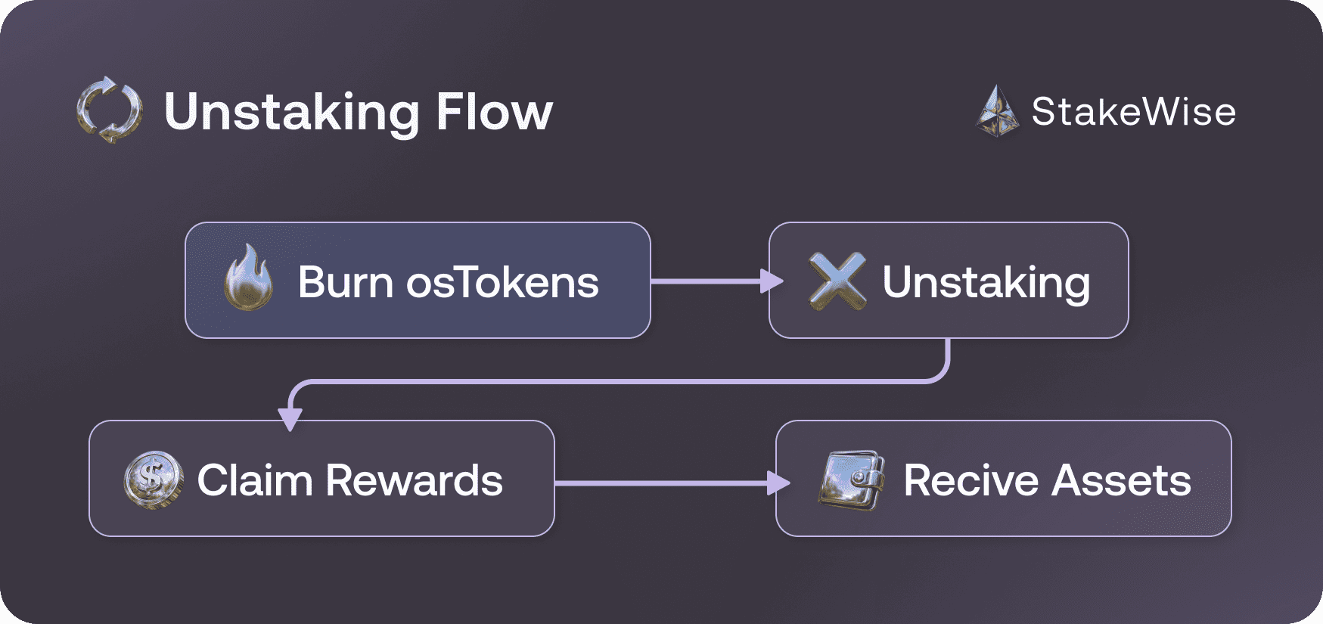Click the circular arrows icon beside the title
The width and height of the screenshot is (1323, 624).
[109, 110]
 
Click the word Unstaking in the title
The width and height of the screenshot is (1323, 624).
[291, 112]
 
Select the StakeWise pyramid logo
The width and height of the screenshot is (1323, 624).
[998, 111]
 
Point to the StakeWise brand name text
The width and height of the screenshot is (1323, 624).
[1133, 112]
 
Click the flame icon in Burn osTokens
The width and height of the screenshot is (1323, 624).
[249, 278]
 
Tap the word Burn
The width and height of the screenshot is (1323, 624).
[345, 282]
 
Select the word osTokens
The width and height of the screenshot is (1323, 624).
[502, 282]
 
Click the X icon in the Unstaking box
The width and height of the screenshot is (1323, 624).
[837, 281]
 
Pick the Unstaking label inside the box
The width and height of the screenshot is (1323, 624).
[986, 282]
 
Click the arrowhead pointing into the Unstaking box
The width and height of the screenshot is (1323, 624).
[772, 281]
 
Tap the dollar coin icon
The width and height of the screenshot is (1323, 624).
[153, 479]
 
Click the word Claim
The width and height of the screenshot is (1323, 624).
[255, 480]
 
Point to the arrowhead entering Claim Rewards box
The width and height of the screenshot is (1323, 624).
[290, 418]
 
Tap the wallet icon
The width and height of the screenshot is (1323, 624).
[852, 480]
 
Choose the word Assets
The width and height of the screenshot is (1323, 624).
[1121, 480]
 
